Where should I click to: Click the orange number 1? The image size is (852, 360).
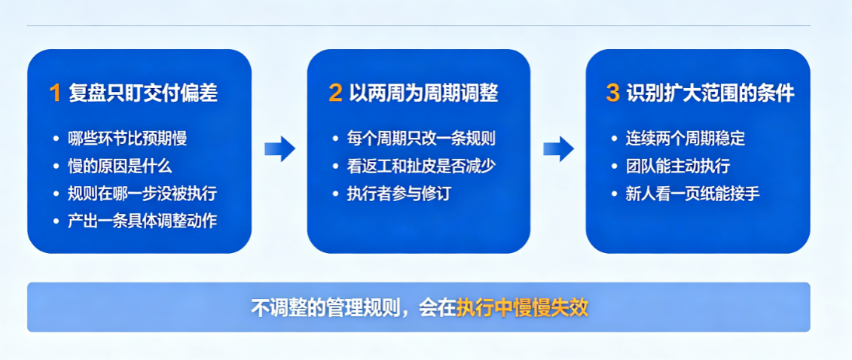tap(55, 93)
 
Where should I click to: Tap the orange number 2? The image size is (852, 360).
tap(335, 93)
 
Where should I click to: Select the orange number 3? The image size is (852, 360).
tap(612, 93)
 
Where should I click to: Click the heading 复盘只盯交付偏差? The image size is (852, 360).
tap(143, 93)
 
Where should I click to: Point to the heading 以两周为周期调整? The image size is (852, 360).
tap(423, 93)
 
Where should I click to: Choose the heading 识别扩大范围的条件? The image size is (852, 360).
tap(710, 93)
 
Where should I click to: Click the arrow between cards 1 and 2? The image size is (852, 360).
tap(279, 149)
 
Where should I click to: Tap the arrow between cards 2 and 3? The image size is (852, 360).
tap(558, 149)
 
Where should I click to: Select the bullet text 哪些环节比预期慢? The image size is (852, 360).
tap(128, 138)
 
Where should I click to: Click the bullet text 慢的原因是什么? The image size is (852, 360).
tap(120, 166)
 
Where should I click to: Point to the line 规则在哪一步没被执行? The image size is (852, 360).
tap(142, 194)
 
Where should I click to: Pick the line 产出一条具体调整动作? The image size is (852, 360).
tap(142, 221)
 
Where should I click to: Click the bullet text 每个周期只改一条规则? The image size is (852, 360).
tap(421, 138)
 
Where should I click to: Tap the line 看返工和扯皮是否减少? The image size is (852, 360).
tap(421, 166)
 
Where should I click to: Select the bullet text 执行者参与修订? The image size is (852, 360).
tap(399, 194)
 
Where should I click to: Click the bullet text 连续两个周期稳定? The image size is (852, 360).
tap(686, 138)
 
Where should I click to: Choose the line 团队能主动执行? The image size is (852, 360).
tap(677, 166)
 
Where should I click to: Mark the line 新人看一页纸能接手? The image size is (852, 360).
tap(693, 194)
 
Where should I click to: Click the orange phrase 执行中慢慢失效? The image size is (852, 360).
tap(522, 307)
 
